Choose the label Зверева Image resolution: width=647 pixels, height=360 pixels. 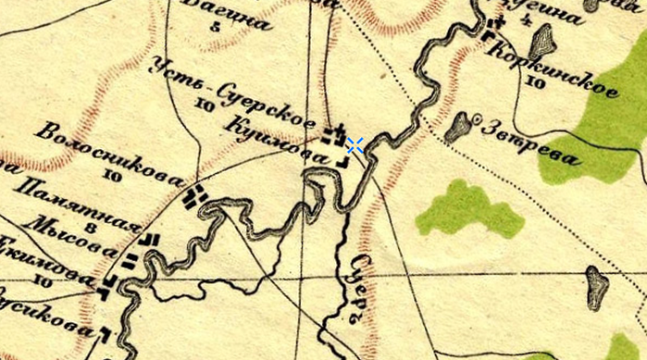tap(533, 143)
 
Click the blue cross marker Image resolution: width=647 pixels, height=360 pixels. tap(354, 144)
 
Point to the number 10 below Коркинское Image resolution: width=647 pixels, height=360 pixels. tap(534, 82)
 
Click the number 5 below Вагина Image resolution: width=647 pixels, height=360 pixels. tap(217, 26)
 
